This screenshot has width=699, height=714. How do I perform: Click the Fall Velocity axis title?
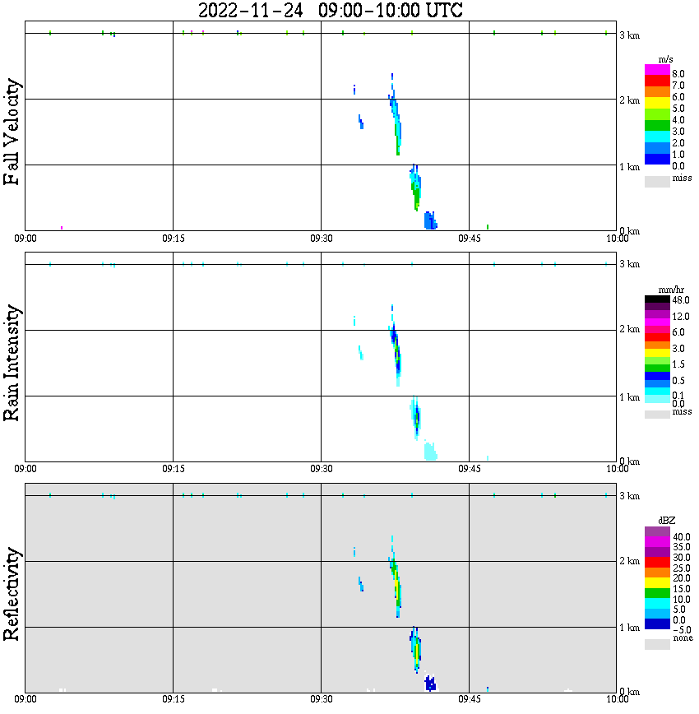[x=12, y=132]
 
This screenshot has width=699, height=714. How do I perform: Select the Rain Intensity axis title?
[x=12, y=363]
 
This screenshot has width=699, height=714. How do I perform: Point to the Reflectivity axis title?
[x=12, y=593]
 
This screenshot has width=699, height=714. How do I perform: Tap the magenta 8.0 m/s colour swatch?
[x=657, y=70]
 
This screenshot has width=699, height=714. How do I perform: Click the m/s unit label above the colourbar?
[x=658, y=59]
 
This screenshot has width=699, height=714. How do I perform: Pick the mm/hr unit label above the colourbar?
[x=658, y=290]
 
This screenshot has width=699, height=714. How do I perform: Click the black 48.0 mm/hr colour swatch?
[x=657, y=300]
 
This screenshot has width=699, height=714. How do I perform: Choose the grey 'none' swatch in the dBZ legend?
[x=657, y=645]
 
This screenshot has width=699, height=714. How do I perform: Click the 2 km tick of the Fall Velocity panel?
[x=629, y=100]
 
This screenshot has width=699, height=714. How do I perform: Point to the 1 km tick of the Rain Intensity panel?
[x=629, y=397]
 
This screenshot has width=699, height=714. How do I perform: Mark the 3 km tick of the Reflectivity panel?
[x=629, y=496]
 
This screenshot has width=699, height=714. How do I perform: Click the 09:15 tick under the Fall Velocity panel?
[x=173, y=238]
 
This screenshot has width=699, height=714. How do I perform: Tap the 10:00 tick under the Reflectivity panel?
[x=617, y=699]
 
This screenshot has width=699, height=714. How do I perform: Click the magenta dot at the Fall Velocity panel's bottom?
[x=62, y=227]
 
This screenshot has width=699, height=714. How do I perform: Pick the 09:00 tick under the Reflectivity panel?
[x=25, y=699]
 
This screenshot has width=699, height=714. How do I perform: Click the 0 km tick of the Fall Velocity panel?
[x=629, y=230]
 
